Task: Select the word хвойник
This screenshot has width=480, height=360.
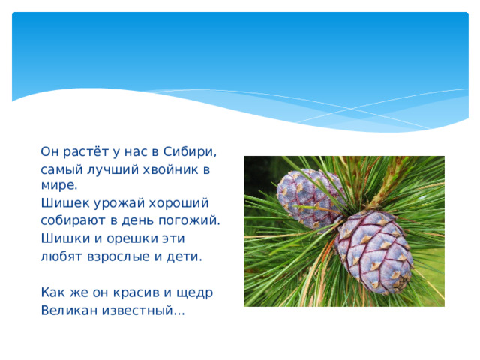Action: pos(169,170)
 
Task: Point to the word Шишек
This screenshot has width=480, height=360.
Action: pos(61,203)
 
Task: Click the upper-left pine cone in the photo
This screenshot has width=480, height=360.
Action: pos(307,198)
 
